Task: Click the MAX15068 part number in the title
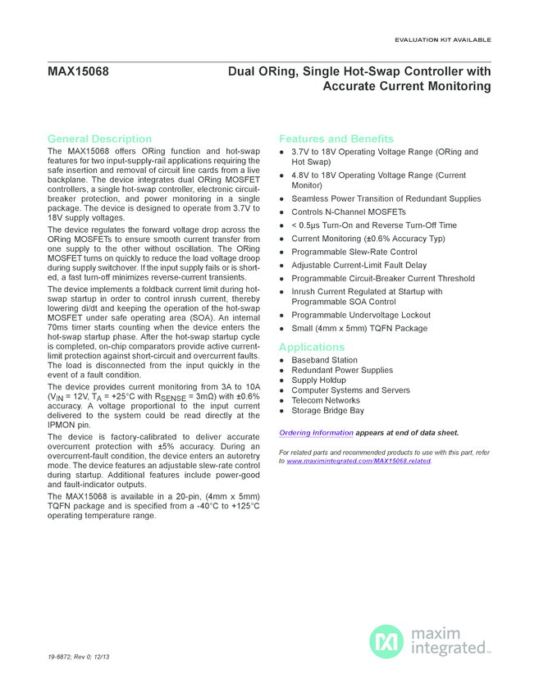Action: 78,71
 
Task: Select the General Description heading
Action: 99,139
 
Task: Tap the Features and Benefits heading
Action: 336,139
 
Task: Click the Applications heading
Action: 312,347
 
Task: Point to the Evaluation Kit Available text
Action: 442,39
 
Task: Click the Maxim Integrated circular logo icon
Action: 386,640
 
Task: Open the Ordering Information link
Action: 316,432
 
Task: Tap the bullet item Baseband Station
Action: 324,360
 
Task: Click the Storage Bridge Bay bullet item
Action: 327,410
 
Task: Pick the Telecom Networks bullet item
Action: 326,400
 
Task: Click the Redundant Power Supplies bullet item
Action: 341,370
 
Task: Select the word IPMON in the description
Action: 62,426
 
